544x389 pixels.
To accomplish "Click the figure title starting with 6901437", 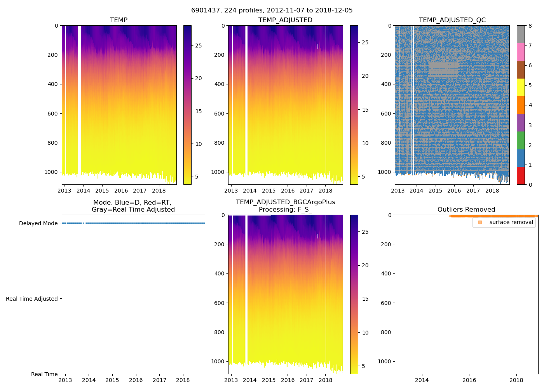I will point(272,11).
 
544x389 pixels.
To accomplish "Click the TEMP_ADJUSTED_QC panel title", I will point(452,20).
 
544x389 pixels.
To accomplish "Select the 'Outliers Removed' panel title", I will point(466,210).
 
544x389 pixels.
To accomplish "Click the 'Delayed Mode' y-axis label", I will point(38,223).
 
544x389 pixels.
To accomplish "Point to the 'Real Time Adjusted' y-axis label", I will point(32,299).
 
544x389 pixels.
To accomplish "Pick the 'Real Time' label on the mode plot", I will point(44,374).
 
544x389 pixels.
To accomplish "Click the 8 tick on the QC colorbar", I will point(530,26).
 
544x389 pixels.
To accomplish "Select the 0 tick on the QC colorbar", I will point(530,185).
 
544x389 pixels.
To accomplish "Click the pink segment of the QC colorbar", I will point(521,52).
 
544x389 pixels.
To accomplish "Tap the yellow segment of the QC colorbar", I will point(521,87).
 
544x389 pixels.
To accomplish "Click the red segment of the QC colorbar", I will point(521,175).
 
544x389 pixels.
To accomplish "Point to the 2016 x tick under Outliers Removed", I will point(469,380).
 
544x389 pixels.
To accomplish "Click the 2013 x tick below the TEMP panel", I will point(65,191).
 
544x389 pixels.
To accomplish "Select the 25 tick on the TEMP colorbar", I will point(198,46).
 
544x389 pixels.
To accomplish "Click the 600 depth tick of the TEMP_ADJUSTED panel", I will point(219,114).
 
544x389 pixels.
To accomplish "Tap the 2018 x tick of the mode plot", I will point(183,380).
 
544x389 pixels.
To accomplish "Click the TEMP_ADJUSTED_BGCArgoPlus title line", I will point(285,202).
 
